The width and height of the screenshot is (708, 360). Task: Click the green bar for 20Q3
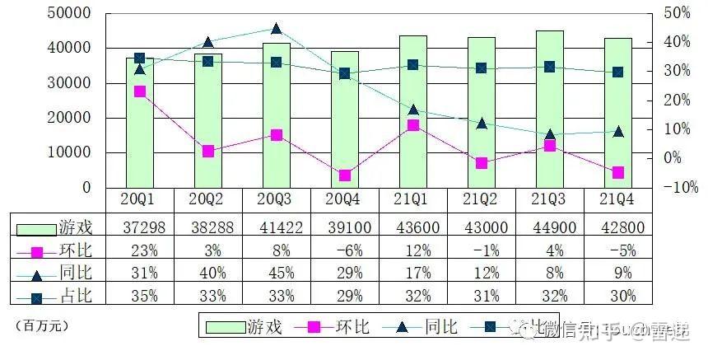[x=276, y=115]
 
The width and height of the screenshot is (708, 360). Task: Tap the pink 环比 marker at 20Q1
[x=139, y=91]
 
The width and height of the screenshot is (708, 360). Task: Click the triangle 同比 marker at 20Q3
[x=276, y=29]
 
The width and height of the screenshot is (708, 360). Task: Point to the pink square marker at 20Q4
[x=344, y=175]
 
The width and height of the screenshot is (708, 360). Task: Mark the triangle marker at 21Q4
[x=618, y=131]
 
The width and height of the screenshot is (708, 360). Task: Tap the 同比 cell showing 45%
[x=276, y=273]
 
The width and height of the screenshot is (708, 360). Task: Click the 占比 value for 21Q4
[x=618, y=296]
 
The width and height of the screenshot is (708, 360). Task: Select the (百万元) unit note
[x=41, y=325]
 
